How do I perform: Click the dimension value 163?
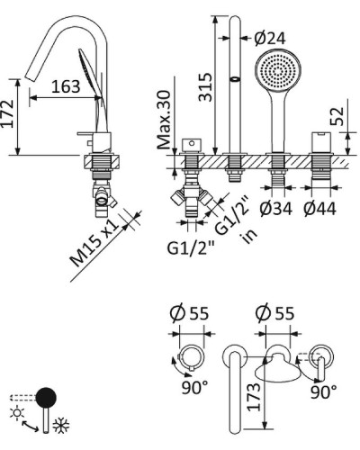pos(66,86)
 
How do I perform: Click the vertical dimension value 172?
pos(7,113)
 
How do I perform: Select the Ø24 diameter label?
pos(270,39)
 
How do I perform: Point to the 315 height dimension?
pos(206,87)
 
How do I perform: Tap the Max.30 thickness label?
pos(164,120)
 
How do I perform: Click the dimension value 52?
pos(337,116)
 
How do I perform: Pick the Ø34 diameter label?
pos(275,209)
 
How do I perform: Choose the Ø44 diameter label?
pos(319,209)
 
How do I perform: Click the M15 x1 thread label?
pos(94,243)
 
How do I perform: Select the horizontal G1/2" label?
pos(191,248)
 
